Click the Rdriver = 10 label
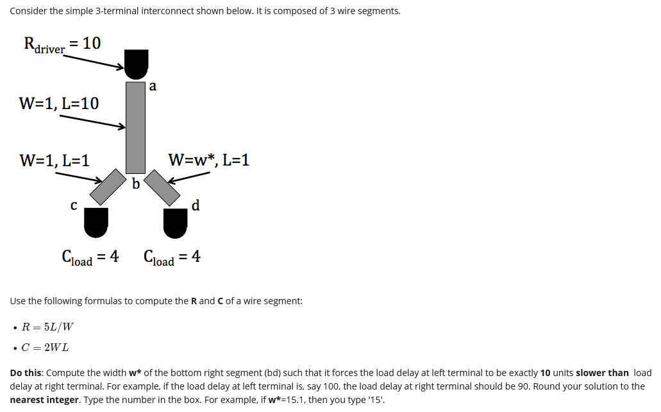click(x=62, y=44)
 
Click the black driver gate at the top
click(x=136, y=62)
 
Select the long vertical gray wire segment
click(x=135, y=127)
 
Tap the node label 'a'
click(x=153, y=85)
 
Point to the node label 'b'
click(x=136, y=184)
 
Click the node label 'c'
click(x=74, y=205)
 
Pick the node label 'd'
click(x=196, y=205)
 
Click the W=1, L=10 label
click(x=59, y=103)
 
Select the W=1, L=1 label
click(x=54, y=160)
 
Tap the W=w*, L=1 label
click(x=208, y=160)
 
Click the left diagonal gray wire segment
click(x=113, y=186)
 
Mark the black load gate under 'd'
click(x=175, y=221)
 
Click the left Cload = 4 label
click(x=90, y=257)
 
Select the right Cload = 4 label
click(x=172, y=257)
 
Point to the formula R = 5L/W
click(x=47, y=327)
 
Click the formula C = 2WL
click(x=46, y=348)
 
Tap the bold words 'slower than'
click(x=602, y=373)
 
